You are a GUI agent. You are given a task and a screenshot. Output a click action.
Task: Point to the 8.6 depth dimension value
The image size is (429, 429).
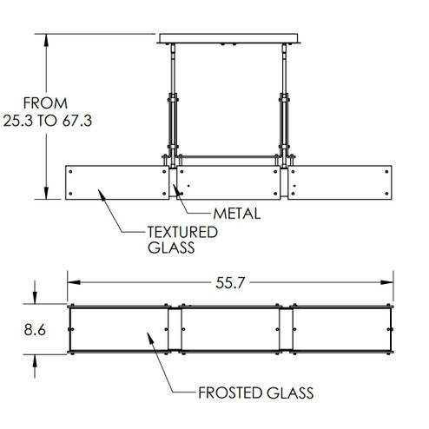point(35,330)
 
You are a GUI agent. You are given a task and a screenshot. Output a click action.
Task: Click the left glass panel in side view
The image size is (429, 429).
point(114,180)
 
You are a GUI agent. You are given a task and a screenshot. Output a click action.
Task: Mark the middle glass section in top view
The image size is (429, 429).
point(231,330)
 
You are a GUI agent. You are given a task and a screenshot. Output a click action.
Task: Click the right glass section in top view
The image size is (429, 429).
point(340,330)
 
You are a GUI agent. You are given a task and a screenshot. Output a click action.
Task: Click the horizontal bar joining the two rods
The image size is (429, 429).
point(231,157)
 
